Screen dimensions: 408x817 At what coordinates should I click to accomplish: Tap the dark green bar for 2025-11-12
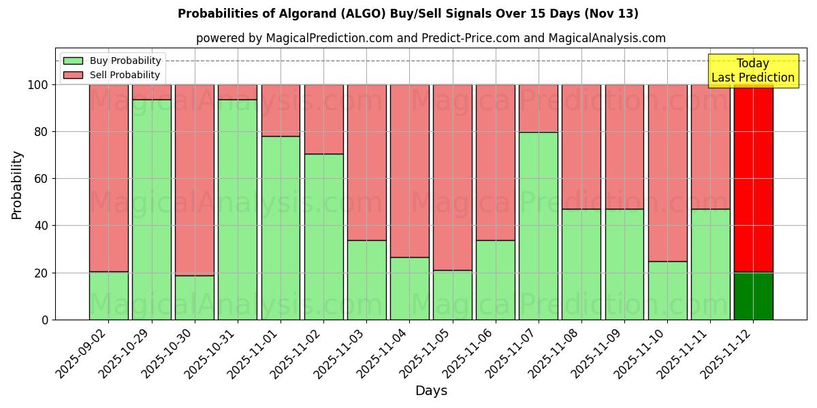(x=754, y=296)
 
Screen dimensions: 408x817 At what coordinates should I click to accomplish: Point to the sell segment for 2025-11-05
(x=453, y=177)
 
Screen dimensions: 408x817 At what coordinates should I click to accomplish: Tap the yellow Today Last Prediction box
(x=753, y=71)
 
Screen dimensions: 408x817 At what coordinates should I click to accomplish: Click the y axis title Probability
(x=17, y=185)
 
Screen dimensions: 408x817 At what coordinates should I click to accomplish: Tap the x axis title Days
(x=431, y=391)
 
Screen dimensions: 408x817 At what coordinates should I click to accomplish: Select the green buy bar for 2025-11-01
(x=281, y=228)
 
